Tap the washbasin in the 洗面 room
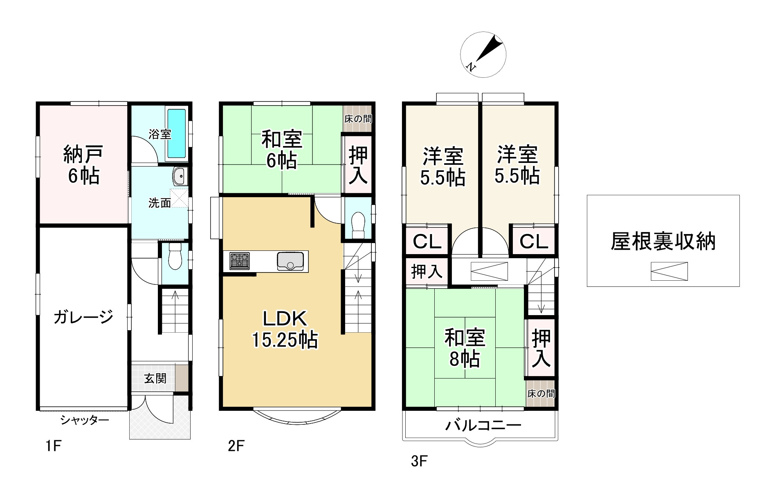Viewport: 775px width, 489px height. click(x=179, y=177)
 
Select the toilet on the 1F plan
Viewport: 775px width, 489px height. click(x=175, y=257)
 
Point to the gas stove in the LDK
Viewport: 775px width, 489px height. click(x=239, y=261)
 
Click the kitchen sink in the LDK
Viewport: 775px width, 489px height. click(x=290, y=261)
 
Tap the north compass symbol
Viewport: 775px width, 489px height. click(x=483, y=54)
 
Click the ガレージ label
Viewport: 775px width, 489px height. click(x=83, y=317)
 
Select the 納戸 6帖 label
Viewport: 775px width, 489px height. click(x=83, y=165)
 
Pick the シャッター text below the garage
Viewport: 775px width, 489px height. click(x=85, y=420)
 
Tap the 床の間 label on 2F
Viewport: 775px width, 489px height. click(x=358, y=119)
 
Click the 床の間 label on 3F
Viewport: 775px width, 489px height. click(x=541, y=394)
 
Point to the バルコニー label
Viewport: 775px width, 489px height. click(x=483, y=426)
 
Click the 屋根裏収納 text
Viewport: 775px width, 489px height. click(x=663, y=241)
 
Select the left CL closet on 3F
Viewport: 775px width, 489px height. click(x=427, y=241)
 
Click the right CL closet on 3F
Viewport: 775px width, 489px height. click(x=534, y=241)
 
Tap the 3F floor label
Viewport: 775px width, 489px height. click(x=419, y=461)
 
